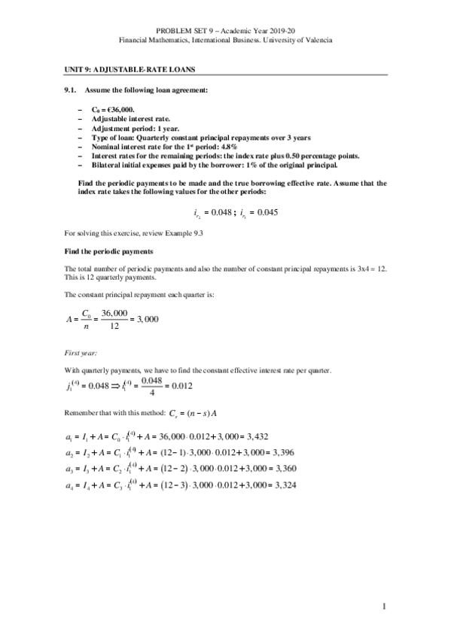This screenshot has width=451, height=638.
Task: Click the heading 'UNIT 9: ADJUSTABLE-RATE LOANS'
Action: [x=130, y=70]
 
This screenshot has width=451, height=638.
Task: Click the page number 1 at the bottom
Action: [x=384, y=606]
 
